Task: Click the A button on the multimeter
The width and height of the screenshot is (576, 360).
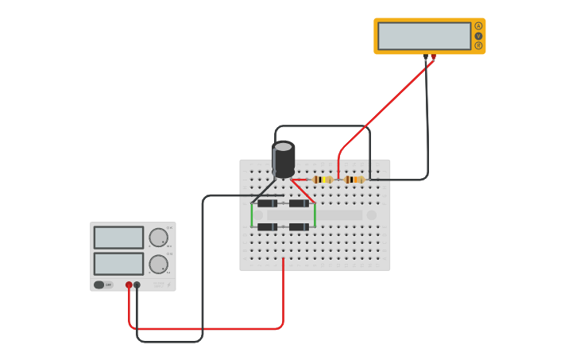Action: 478,26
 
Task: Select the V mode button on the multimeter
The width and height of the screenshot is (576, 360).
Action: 478,36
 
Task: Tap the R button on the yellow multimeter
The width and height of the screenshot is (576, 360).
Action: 478,45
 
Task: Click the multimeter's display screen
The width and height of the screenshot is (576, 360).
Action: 424,36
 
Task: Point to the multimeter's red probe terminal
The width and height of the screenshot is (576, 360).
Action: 433,56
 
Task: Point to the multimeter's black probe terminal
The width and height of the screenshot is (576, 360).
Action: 426,56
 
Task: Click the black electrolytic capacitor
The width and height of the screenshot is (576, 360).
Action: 284,159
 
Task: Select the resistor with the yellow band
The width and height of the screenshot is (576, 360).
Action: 322,180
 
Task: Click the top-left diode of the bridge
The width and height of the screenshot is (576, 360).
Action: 268,203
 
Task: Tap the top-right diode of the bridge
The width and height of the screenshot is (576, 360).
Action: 299,203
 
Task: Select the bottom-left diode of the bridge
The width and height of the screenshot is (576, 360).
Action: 268,227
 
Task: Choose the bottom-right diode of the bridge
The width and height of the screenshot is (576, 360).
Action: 299,227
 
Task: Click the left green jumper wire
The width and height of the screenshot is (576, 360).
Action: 252,215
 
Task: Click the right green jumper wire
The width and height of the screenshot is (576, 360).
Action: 315,215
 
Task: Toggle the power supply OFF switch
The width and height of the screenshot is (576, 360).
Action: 99,285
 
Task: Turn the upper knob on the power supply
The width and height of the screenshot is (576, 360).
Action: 158,237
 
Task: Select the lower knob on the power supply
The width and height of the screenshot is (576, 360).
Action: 158,264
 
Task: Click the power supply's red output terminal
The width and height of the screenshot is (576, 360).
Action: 129,285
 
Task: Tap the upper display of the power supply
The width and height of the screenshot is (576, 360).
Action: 118,238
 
